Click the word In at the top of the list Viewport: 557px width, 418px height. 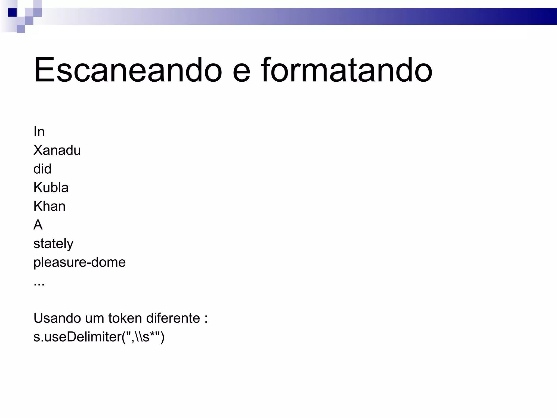39,132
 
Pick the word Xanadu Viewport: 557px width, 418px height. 57,150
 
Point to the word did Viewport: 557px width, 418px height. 42,169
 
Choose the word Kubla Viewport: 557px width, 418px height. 51,188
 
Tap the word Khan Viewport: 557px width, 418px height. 49,206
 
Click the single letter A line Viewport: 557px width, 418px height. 38,225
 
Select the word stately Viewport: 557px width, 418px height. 53,244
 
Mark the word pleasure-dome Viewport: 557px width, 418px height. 79,262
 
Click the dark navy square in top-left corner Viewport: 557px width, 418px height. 12,13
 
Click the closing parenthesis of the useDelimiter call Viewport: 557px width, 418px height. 162,337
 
